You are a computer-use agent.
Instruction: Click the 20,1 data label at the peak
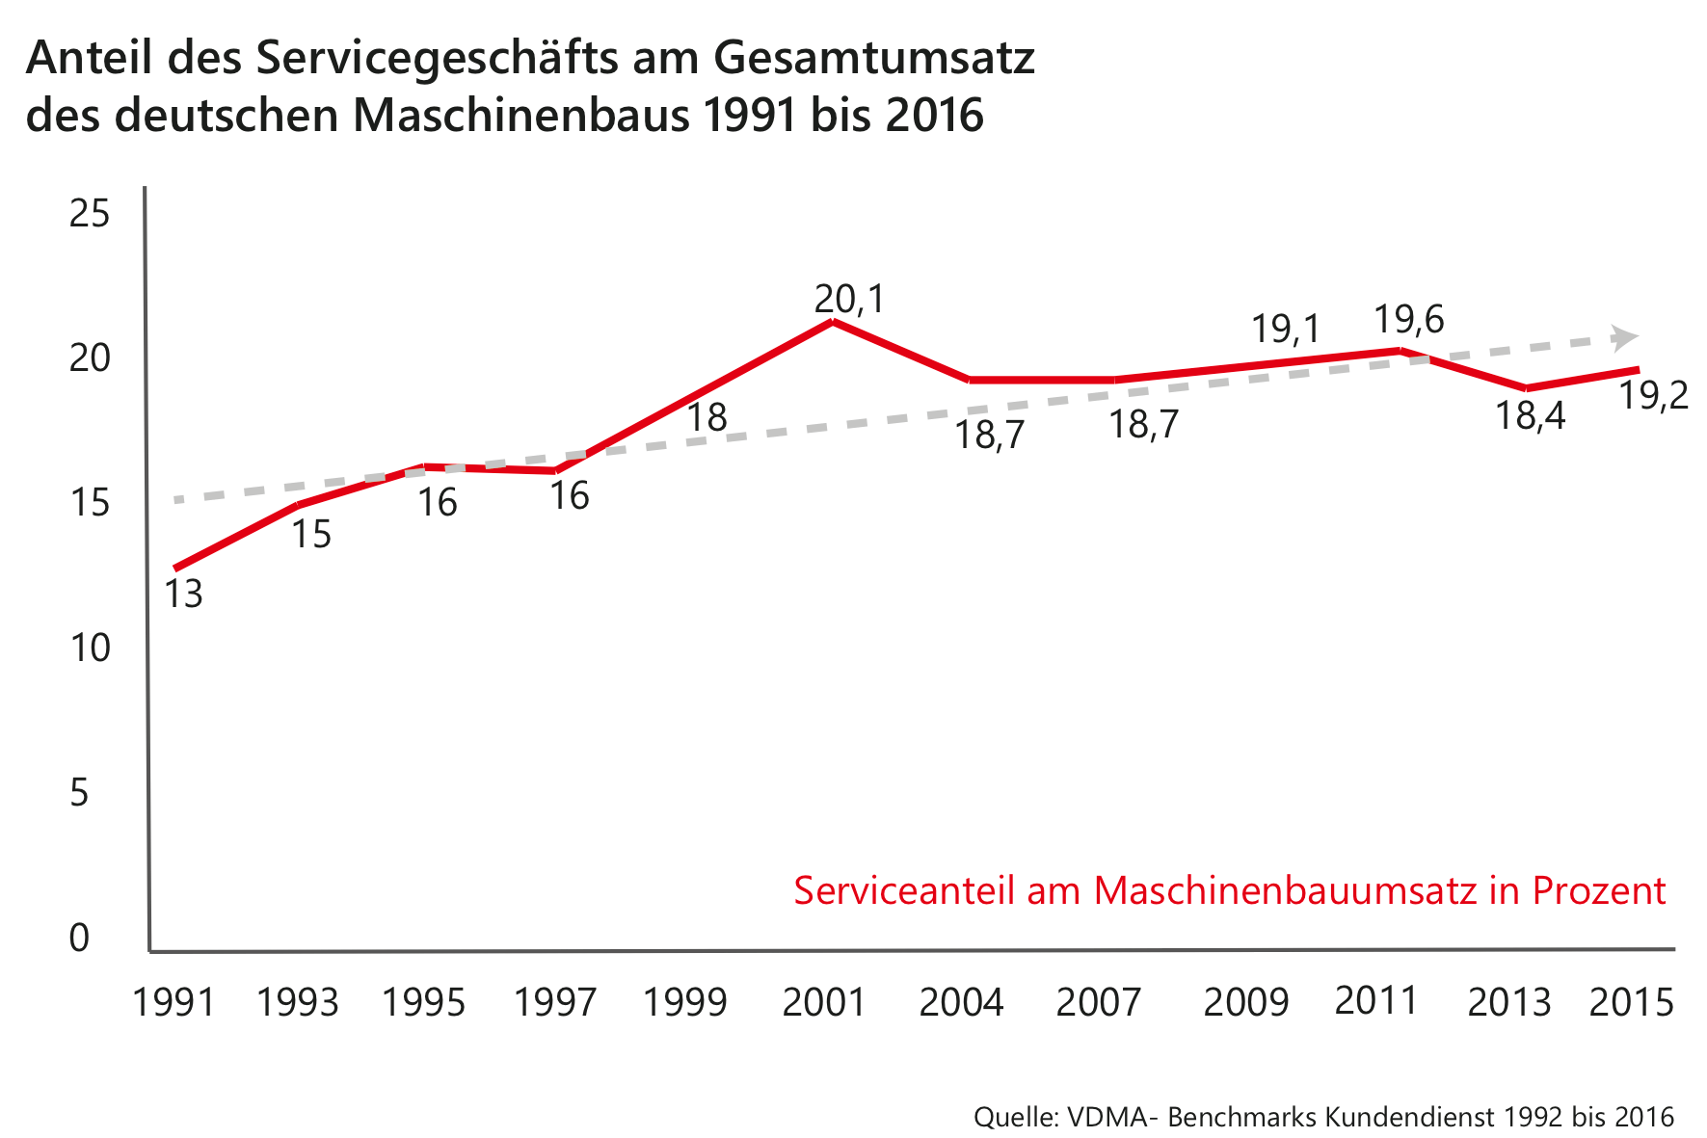tap(848, 300)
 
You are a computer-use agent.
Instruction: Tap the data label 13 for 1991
tap(183, 594)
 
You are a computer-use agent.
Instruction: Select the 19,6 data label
tap(1408, 319)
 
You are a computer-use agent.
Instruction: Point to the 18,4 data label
tap(1530, 416)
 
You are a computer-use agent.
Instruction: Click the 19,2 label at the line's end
tap(1653, 395)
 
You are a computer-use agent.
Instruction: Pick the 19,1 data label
tap(1286, 330)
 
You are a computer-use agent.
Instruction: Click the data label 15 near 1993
tap(311, 534)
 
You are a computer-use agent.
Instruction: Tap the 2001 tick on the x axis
tap(824, 1003)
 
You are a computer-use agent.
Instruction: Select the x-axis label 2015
tap(1632, 1003)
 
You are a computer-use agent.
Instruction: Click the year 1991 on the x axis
tap(173, 1003)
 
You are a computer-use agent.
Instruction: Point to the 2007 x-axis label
tap(1098, 1003)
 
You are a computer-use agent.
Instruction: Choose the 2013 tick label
tap(1509, 1003)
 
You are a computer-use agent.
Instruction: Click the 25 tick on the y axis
tap(90, 213)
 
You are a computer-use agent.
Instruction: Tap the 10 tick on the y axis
tap(90, 648)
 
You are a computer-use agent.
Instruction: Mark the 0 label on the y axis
tap(79, 938)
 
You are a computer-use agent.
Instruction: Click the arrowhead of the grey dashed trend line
tap(1625, 337)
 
